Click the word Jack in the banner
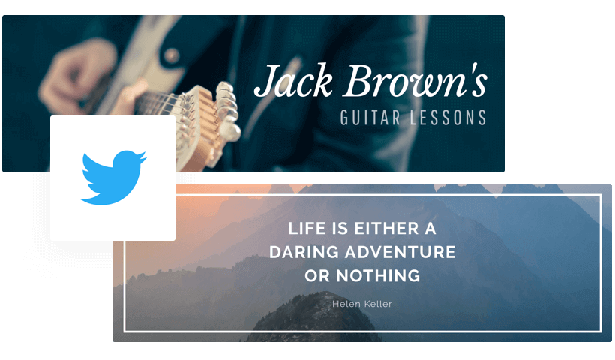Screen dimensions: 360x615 293,82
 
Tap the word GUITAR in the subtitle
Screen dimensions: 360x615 367,118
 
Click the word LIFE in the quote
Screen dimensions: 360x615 306,229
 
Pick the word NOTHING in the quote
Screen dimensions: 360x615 378,275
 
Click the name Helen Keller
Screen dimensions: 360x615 362,304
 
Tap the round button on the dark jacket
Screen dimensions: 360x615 172,55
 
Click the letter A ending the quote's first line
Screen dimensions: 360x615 429,229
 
